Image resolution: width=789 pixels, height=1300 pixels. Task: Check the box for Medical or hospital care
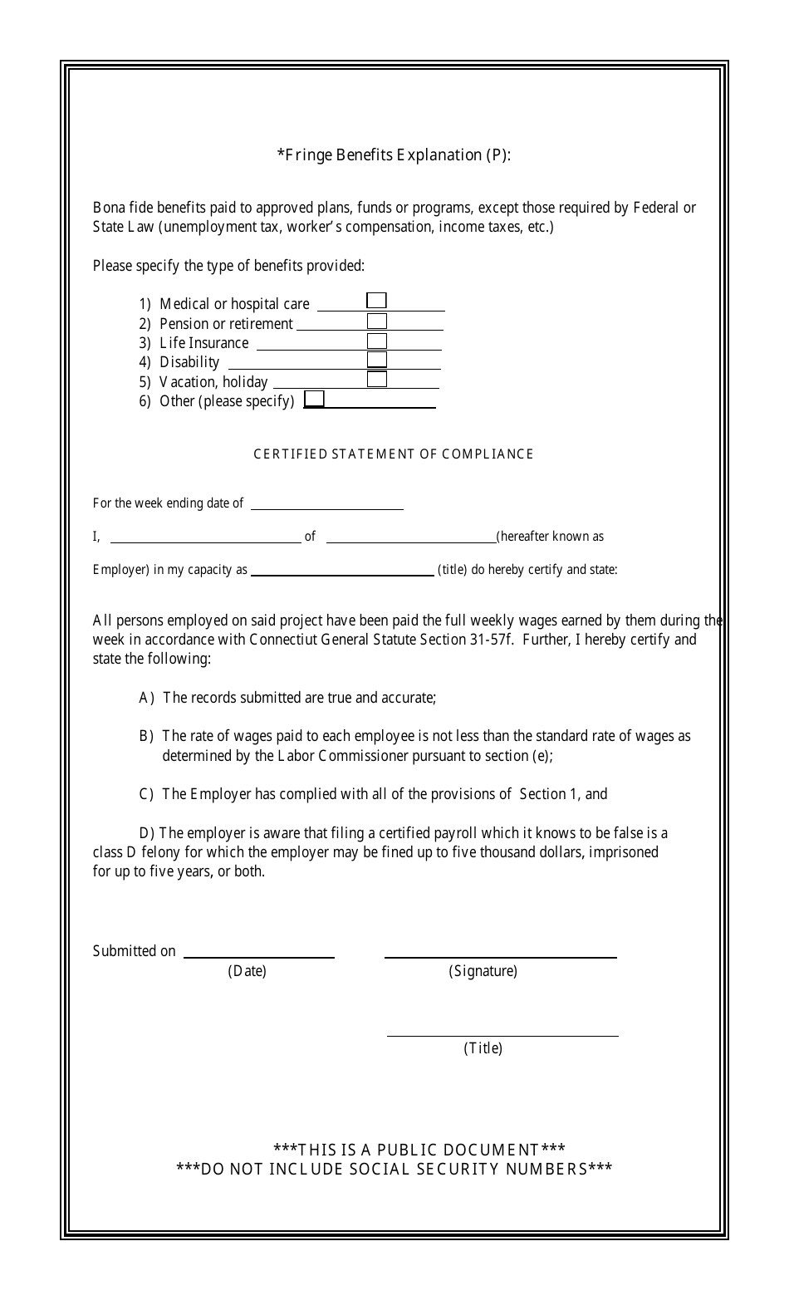[376, 301]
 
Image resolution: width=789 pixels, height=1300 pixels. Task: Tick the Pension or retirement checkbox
[377, 321]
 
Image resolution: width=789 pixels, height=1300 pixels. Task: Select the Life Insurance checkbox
[377, 341]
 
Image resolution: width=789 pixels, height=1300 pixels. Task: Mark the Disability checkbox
[377, 360]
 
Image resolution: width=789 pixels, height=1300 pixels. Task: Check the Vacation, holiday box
[377, 379]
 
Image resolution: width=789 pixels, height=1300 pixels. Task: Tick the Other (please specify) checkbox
[314, 399]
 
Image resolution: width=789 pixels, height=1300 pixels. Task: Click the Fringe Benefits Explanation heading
[394, 155]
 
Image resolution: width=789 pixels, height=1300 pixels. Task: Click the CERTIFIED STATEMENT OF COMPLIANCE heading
[394, 454]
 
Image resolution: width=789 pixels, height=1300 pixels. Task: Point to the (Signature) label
[483, 971]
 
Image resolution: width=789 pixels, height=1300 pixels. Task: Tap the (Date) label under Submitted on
[247, 971]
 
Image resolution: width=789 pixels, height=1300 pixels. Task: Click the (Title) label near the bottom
[483, 1048]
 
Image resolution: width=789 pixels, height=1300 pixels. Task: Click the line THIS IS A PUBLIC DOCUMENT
[419, 1150]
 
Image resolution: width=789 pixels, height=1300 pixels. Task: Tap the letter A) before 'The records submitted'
[147, 698]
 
